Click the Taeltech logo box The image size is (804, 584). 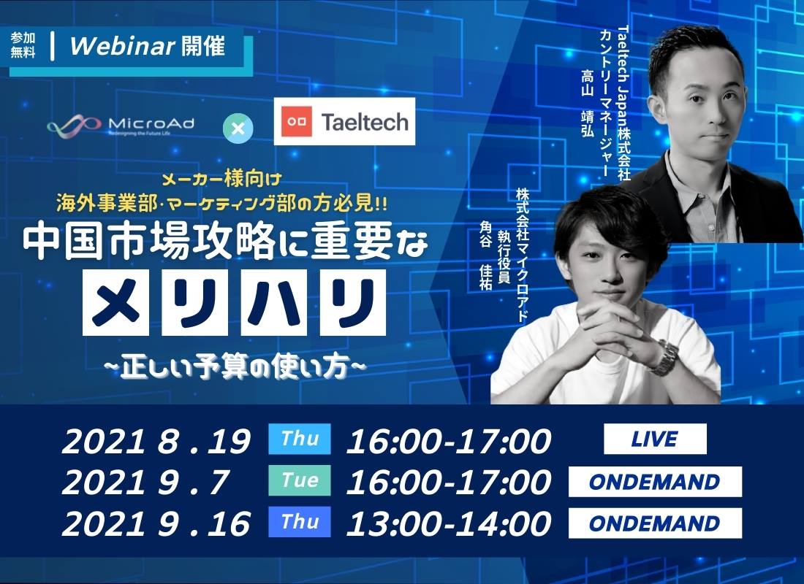344,121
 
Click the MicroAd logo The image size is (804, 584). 121,125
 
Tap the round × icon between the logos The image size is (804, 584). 238,128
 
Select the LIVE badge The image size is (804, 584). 655,439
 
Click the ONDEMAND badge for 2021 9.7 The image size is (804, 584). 655,482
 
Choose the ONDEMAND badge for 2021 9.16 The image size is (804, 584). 655,523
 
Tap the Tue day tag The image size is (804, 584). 300,480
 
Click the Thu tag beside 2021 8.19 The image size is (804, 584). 300,439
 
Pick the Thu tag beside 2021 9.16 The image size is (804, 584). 300,522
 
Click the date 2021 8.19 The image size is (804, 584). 156,441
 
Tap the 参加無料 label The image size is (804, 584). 23,45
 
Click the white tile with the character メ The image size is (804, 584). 115,303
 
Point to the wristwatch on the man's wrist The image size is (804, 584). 665,356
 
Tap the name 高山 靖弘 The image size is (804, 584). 588,103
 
